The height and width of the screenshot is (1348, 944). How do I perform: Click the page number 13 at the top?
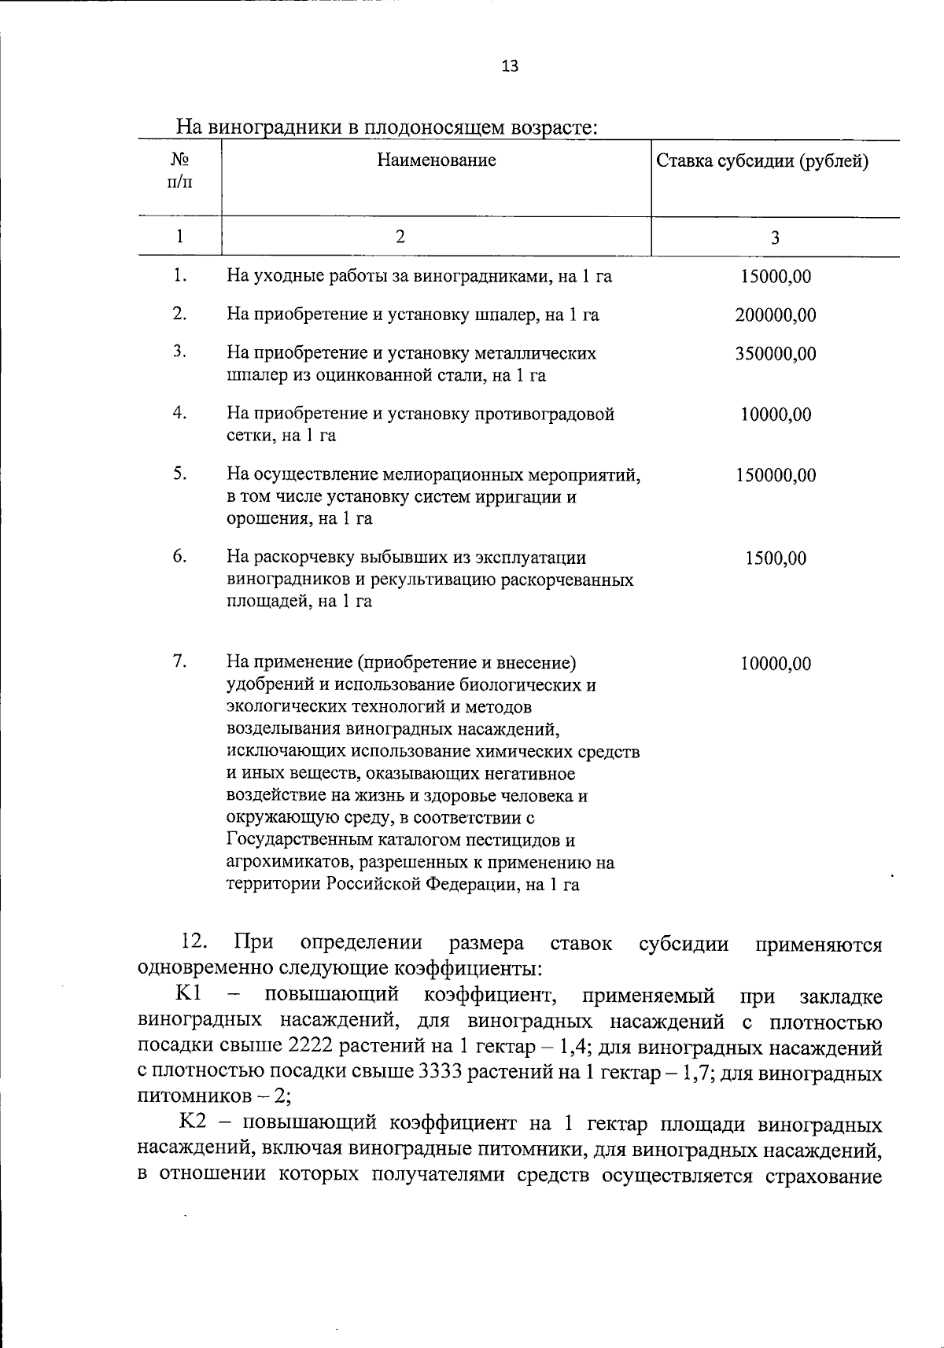(x=510, y=66)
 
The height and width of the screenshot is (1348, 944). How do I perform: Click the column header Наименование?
(x=437, y=160)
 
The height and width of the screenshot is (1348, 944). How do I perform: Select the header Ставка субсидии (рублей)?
(x=762, y=162)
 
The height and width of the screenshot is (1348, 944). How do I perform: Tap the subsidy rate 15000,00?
(x=776, y=277)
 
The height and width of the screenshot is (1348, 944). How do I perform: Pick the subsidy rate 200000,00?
(x=776, y=315)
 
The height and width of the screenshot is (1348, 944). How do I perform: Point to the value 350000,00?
(x=776, y=354)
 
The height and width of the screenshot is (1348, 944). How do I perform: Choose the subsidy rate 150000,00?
(x=776, y=476)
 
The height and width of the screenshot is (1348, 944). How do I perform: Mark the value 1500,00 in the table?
(x=776, y=558)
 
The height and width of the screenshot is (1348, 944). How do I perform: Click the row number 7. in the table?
(x=180, y=661)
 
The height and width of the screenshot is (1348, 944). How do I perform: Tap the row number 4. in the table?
(x=180, y=413)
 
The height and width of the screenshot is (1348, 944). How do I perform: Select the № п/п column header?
(x=180, y=171)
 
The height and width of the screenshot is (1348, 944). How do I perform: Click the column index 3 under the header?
(x=775, y=238)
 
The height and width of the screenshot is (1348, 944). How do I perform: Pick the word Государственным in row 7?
(x=301, y=840)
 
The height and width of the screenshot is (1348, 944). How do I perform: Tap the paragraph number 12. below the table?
(x=194, y=942)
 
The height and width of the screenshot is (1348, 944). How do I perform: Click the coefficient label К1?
(x=190, y=994)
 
